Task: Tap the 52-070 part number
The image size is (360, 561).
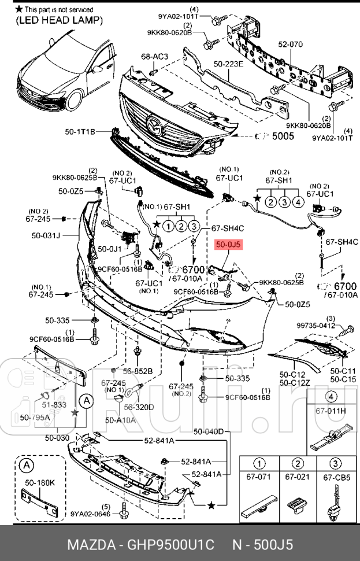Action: pos(291,43)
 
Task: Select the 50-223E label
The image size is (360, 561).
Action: pos(228,65)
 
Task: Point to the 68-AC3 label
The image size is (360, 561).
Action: pos(154,57)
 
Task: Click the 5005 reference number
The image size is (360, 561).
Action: pos(283,136)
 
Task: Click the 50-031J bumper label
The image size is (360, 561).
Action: pos(46,236)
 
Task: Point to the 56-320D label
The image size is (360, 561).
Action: pos(139,407)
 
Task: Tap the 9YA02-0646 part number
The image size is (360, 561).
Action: pos(90,512)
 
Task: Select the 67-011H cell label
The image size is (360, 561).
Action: pos(331,411)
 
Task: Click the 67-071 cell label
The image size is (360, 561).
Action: pos(259,477)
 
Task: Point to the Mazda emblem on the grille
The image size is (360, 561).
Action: pos(154,123)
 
